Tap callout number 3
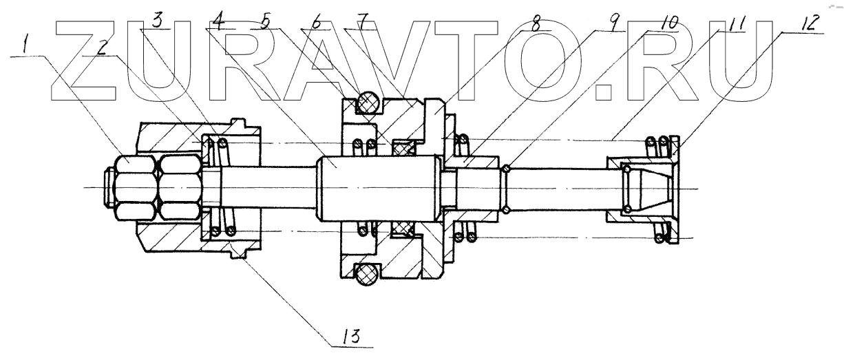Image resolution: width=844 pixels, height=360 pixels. coord(157,21)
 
